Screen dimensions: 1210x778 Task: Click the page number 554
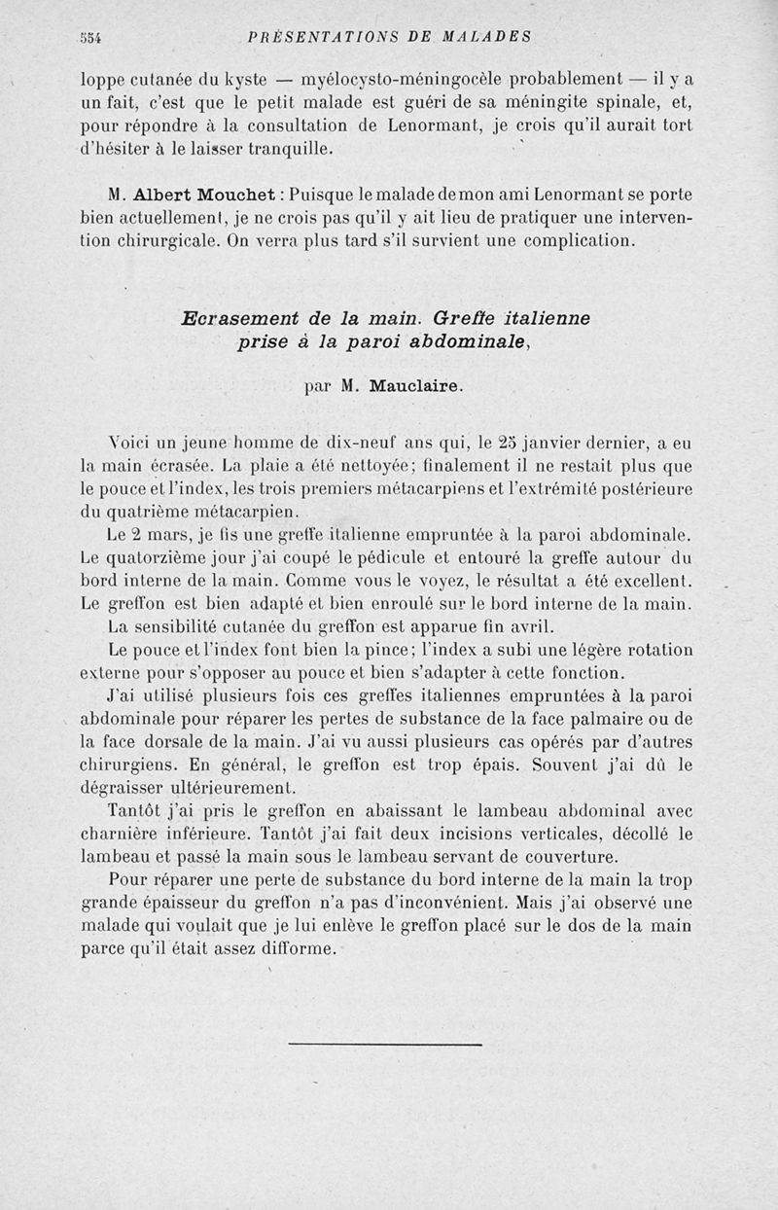(91, 38)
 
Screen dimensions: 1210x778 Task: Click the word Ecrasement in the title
(239, 318)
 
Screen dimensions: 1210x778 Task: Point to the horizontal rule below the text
(385, 1045)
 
